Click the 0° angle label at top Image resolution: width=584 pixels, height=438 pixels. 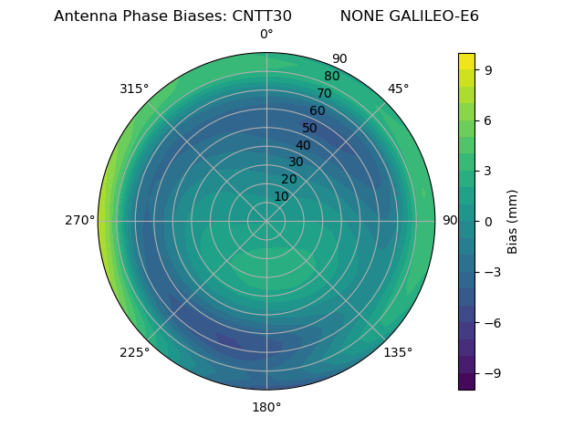pos(266,35)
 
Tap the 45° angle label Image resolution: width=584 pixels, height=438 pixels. pos(398,89)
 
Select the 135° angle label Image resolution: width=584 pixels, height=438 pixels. pos(398,352)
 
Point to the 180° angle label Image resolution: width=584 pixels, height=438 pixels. pos(266,407)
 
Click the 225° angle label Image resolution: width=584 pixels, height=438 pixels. pos(134,352)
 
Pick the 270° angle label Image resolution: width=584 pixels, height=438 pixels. pos(79,221)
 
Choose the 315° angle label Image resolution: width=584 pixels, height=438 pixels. pos(134,89)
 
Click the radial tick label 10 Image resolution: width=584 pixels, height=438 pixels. pos(281,196)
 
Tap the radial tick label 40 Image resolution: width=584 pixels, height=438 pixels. pos(303,145)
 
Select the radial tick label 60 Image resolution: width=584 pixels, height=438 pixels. pos(317,111)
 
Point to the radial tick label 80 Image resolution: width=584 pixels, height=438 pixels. pos(331,77)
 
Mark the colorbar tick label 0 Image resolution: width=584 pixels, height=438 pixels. pos(489,221)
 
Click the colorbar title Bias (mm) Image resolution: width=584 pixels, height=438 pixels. pos(513,221)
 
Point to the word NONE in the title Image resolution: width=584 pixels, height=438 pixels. pos(360,16)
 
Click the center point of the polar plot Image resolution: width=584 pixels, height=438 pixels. pos(266,221)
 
